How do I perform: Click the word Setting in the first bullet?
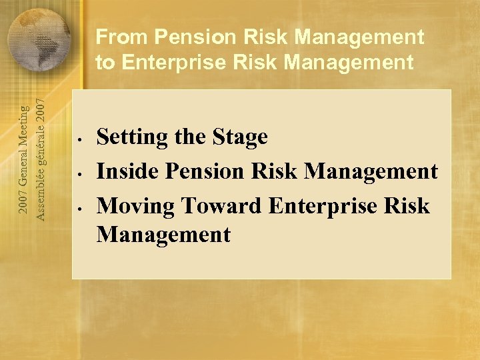132,137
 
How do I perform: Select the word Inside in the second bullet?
127,171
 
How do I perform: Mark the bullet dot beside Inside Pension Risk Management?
79,175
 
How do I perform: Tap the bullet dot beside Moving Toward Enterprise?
79,209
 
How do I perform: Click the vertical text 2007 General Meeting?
22,159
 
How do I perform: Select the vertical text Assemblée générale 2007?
41,159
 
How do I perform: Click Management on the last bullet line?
163,235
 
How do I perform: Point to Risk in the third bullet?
408,205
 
